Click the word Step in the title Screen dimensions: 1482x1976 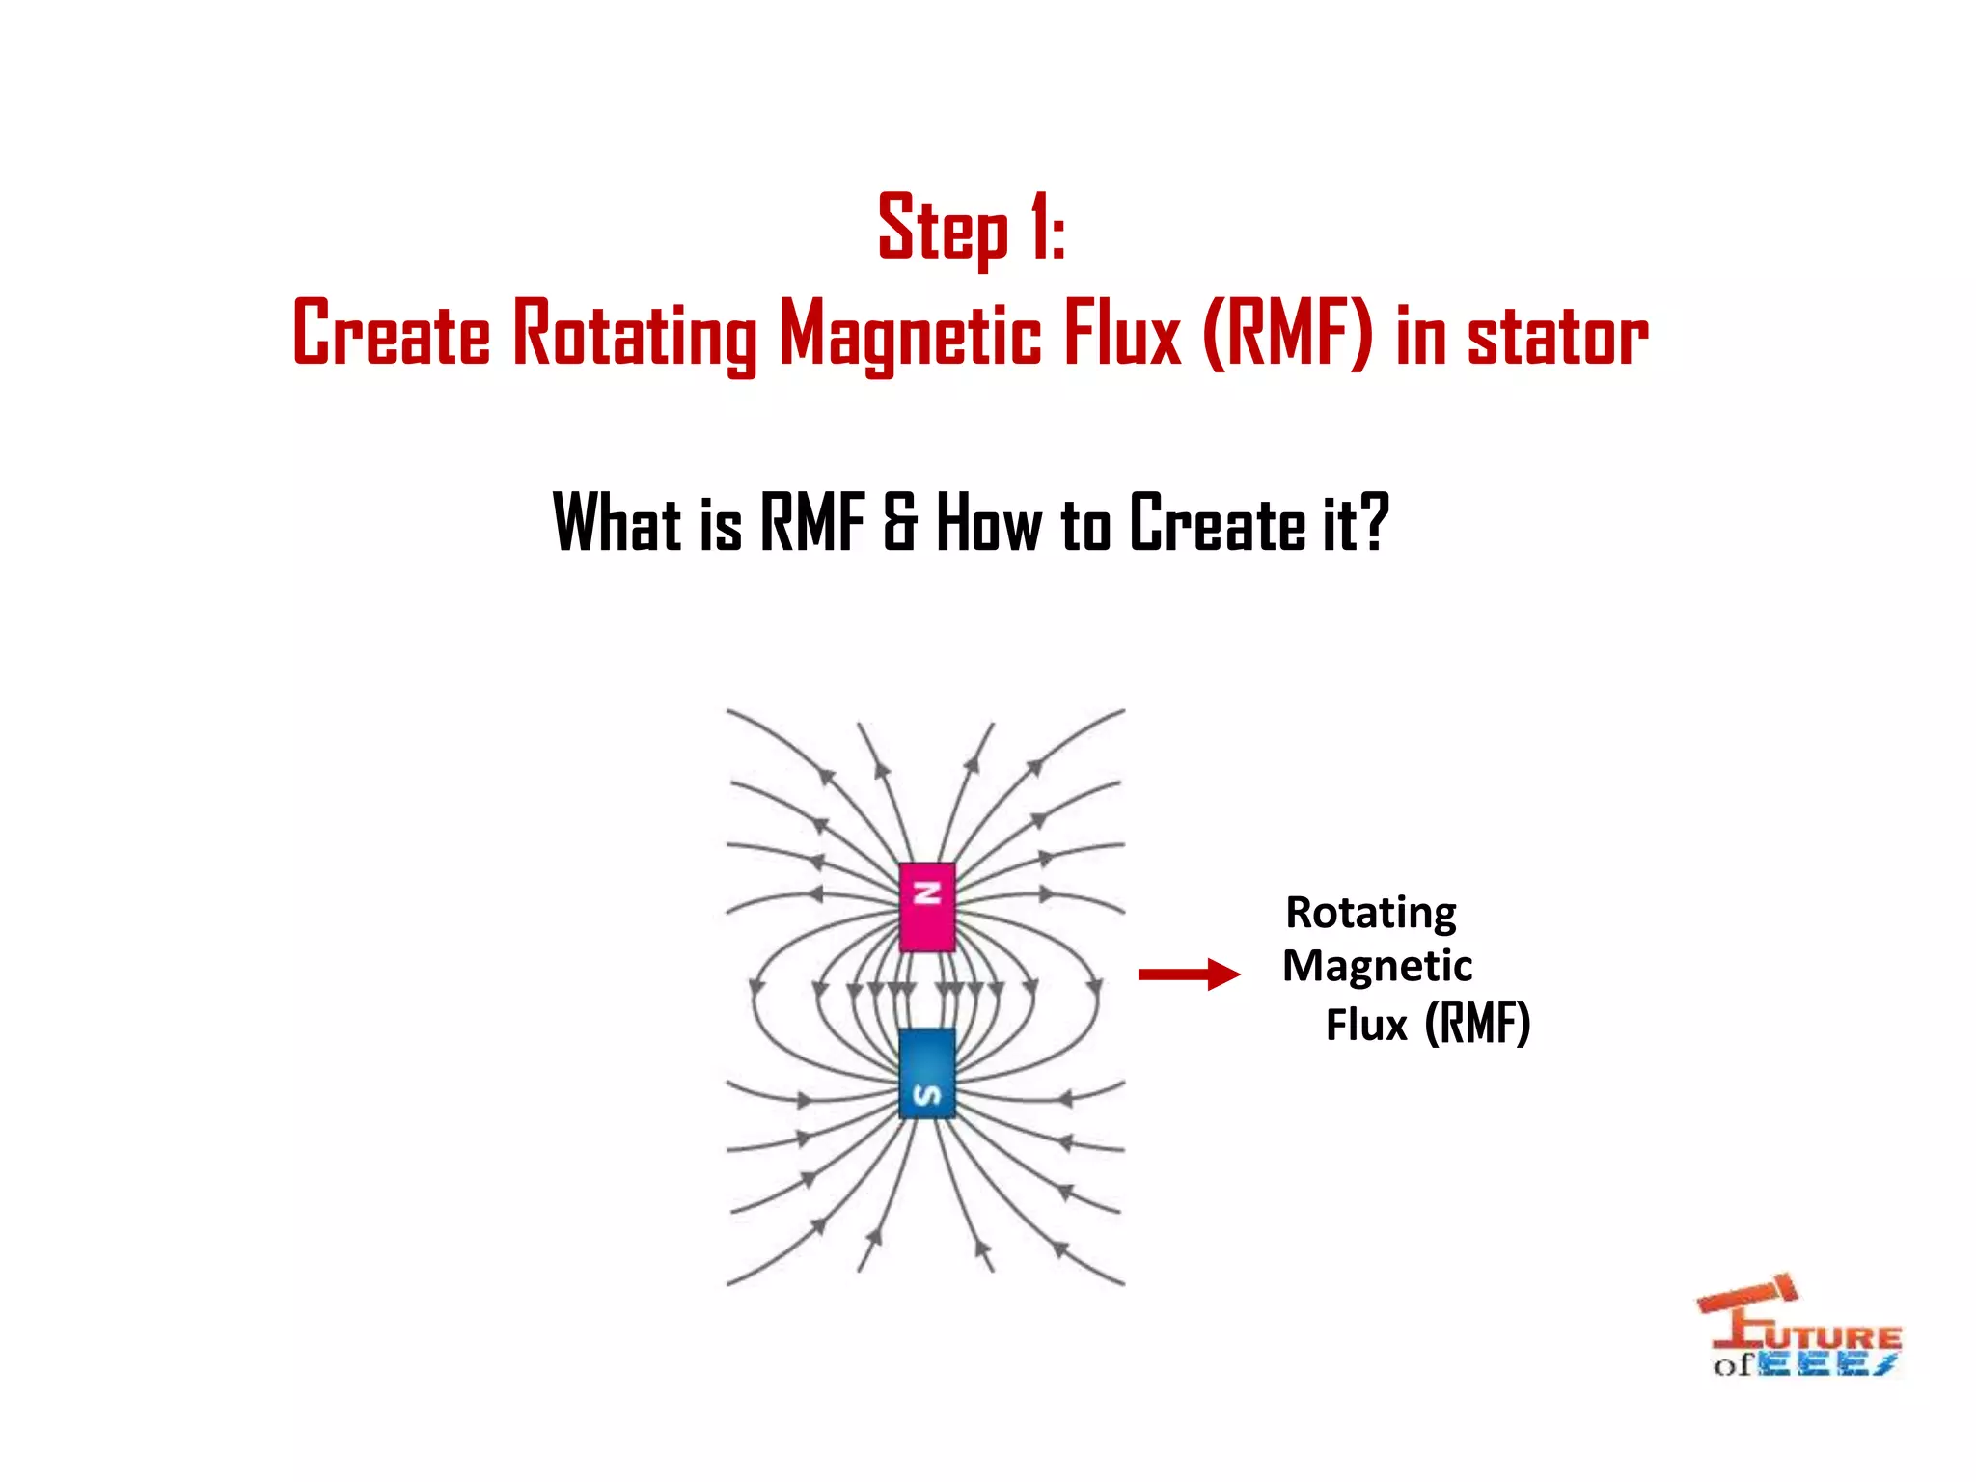tap(943, 229)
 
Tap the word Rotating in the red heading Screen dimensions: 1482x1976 tap(634, 335)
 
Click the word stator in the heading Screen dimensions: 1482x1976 tap(1557, 335)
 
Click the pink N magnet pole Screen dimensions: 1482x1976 tap(927, 907)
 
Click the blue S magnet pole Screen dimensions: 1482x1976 tap(927, 1073)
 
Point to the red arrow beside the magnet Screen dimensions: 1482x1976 tap(1189, 974)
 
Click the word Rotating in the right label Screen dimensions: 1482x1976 tap(1371, 913)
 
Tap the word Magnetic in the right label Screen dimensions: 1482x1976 tap(1377, 967)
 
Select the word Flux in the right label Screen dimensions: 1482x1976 tap(1366, 1025)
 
